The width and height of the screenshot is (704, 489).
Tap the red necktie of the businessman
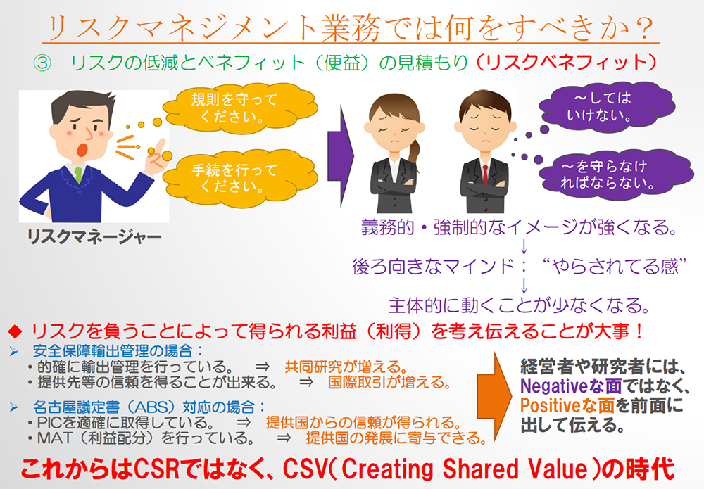tap(485, 174)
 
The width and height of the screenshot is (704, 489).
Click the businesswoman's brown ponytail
tap(414, 153)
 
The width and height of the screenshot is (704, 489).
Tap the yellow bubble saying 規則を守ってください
tap(240, 108)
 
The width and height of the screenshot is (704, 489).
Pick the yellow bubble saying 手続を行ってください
tap(240, 178)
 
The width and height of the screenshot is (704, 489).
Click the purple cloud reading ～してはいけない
tap(606, 107)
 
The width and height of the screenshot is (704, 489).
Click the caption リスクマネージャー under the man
tap(94, 236)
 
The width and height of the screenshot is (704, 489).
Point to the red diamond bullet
tap(15, 331)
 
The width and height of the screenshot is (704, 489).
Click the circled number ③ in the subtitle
tap(43, 63)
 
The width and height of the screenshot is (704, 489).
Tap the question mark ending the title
tap(643, 28)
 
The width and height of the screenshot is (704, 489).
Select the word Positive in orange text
tap(548, 405)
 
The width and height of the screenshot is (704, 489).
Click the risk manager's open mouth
tap(82, 149)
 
